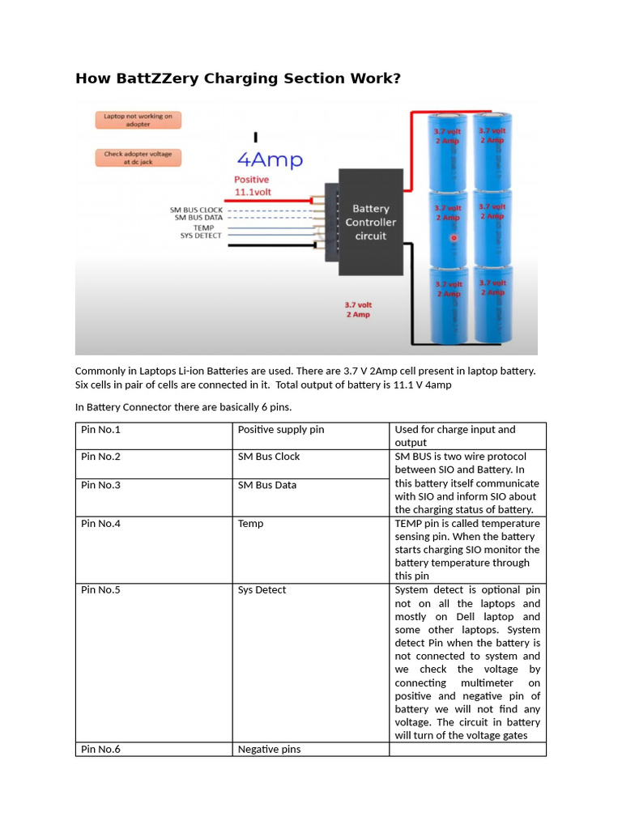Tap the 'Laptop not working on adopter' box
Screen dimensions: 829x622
138,120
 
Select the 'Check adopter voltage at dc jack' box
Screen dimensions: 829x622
138,157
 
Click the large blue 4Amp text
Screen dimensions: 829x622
270,159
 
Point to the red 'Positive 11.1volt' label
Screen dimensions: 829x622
254,185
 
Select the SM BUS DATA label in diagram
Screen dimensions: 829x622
198,218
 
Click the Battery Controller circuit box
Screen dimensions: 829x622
370,222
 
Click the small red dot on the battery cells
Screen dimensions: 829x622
454,238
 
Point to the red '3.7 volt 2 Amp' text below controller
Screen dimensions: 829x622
357,309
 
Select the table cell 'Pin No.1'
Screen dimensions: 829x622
101,430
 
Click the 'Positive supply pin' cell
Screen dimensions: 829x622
280,430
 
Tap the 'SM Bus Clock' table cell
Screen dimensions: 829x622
268,457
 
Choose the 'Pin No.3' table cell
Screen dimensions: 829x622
101,485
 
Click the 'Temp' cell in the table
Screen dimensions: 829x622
250,524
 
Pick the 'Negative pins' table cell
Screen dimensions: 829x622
269,750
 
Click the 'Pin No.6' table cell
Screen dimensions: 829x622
101,750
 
